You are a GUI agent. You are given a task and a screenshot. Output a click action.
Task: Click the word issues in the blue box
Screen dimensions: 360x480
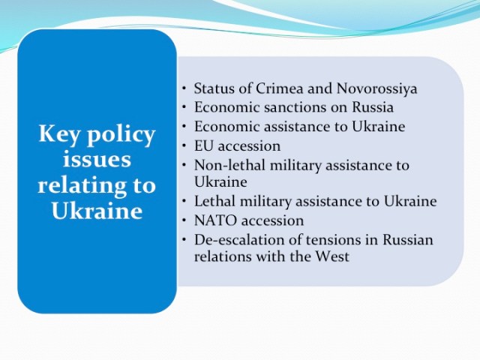(97, 160)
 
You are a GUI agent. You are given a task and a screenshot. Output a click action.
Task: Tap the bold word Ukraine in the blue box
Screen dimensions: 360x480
(97, 211)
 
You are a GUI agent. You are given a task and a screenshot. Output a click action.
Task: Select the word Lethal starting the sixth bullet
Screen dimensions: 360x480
(214, 202)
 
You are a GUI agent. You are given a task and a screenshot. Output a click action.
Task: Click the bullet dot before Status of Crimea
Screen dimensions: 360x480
(184, 89)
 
